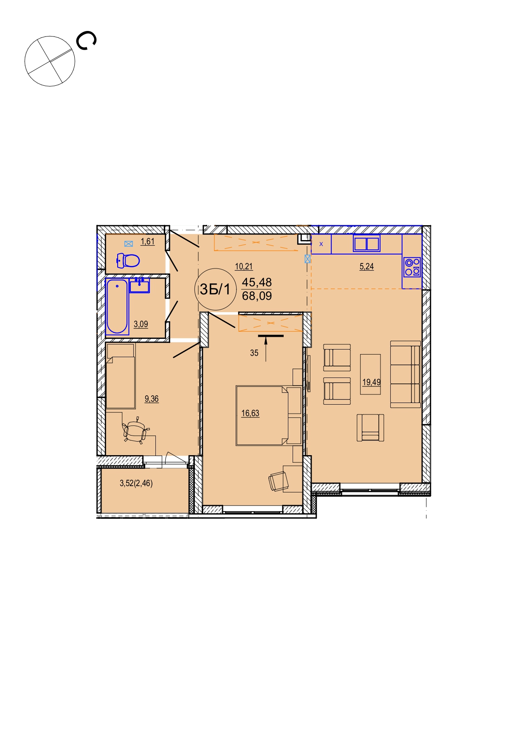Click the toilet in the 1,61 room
128,260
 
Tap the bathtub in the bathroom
117,306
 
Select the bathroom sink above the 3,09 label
139,285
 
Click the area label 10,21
244,266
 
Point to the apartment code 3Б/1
215,289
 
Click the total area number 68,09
257,296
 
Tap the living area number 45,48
257,282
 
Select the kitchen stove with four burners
412,267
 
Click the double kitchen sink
366,244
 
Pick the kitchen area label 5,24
367,266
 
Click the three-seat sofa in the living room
406,374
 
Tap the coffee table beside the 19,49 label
371,374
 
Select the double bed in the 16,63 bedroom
269,415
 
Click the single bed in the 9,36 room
121,376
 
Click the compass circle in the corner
50,61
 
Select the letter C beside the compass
86,41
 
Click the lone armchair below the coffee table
370,428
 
